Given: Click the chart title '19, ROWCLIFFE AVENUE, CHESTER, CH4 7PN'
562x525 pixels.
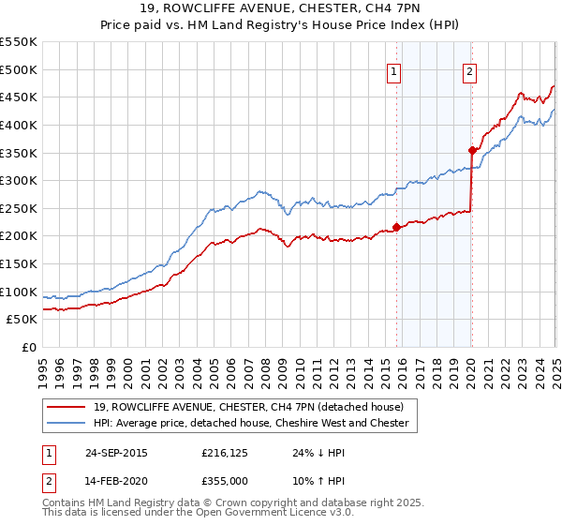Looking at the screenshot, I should coord(281,9).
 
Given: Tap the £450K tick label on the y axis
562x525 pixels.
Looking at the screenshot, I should coord(19,97).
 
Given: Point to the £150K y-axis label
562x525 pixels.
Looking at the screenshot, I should coord(19,263).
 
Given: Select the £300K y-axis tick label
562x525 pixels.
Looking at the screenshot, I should coord(19,180).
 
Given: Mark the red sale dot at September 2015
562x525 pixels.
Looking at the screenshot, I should coord(397,226).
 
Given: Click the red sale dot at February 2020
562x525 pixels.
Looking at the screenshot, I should coord(472,149).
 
